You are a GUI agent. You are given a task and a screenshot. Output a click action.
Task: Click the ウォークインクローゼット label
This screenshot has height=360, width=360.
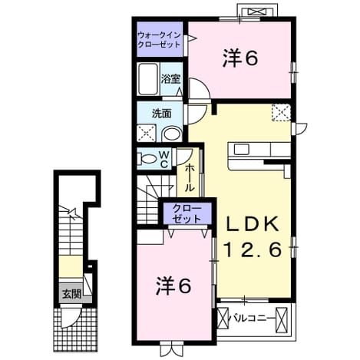pos(159,40)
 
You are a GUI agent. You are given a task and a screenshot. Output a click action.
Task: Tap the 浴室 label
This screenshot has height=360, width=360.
pos(170,79)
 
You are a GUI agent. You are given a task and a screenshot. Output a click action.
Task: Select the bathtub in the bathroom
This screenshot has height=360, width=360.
pos(147,79)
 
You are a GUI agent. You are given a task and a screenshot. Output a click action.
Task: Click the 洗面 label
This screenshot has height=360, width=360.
pos(162,114)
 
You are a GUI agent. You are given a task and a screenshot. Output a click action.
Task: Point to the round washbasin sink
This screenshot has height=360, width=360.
pos(172,134)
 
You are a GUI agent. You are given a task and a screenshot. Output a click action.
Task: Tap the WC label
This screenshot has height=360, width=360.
pos(164,160)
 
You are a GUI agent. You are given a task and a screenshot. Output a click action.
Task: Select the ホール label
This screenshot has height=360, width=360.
pos(190,178)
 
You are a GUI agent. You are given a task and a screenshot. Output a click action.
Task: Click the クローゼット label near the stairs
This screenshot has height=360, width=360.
pos(187,213)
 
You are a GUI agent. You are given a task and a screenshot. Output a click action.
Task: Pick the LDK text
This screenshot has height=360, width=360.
pos(252,224)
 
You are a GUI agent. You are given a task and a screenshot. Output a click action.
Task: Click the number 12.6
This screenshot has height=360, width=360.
pos(253,249)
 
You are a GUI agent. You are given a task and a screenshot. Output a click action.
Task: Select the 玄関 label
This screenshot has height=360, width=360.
pos(72,294)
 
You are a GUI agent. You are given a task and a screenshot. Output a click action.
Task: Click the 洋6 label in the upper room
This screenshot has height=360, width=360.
pos(240,58)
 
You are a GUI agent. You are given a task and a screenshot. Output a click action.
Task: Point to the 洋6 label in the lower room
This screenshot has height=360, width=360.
pos(173,286)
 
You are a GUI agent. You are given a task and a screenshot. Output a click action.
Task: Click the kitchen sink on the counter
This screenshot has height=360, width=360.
pos(242,150)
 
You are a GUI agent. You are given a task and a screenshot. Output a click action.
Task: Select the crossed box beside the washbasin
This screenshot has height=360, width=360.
pos(146,133)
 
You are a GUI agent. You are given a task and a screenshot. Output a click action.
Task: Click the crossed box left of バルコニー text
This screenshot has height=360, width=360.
pos(223,319)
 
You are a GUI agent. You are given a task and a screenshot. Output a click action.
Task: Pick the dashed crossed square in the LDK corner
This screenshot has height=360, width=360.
pos(281,112)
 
